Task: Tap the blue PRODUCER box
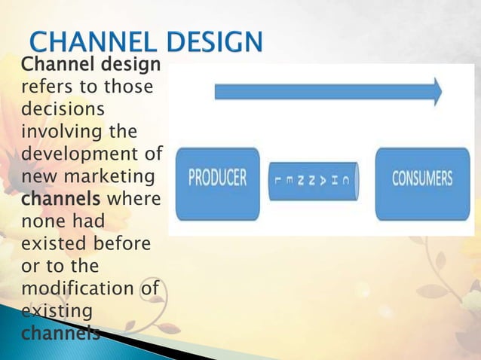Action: point(217,178)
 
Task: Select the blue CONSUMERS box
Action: point(421,178)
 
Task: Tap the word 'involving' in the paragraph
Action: point(54,133)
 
